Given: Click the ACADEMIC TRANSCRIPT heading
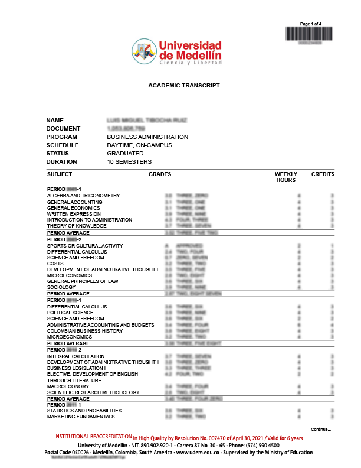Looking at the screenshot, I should [x=184, y=86].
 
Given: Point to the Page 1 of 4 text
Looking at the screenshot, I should [x=311, y=24].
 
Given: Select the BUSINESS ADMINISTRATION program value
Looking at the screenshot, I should [x=147, y=137].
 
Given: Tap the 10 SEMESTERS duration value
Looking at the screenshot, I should [x=129, y=162].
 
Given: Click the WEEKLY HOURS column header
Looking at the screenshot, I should [x=286, y=177].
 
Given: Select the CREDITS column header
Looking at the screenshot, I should [x=323, y=174].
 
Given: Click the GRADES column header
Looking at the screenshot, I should [x=160, y=174].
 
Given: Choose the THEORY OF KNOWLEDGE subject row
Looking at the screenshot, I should [x=77, y=226].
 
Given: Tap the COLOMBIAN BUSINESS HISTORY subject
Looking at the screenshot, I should [x=85, y=331].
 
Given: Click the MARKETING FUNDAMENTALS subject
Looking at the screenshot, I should [x=80, y=417].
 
